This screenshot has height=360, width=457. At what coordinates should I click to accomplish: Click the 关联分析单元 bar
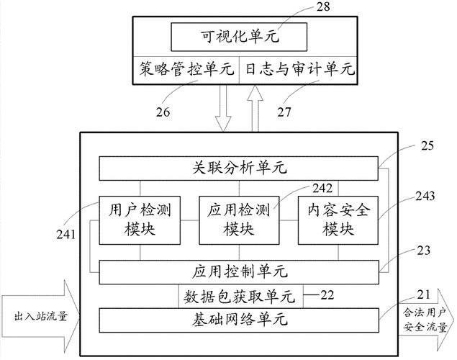point(238,168)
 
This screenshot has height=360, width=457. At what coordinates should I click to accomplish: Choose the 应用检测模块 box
point(238,220)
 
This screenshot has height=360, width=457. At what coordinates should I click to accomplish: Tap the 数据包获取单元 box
point(238,295)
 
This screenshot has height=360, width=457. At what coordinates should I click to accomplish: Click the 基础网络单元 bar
point(238,318)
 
